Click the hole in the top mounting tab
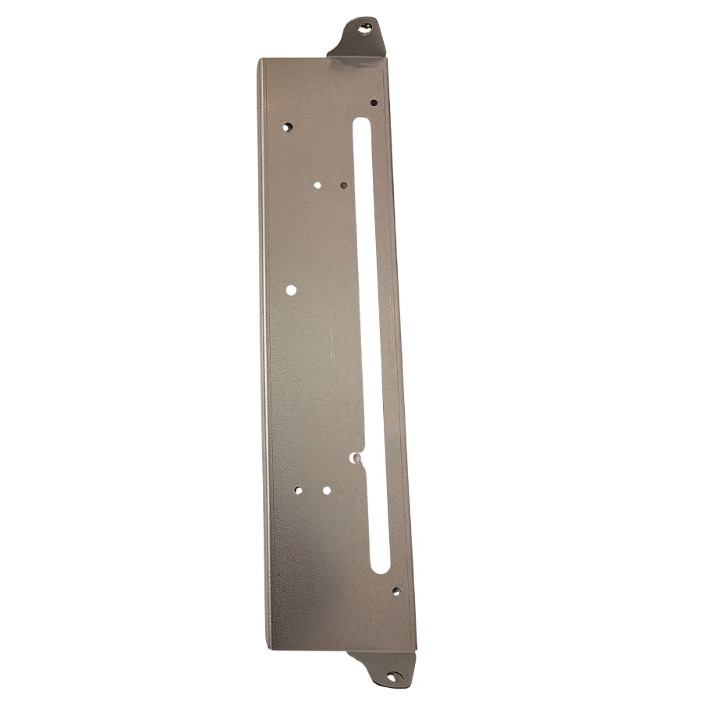(x=365, y=30)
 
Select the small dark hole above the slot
(x=374, y=102)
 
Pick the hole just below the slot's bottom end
(x=396, y=591)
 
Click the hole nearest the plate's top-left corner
(x=287, y=126)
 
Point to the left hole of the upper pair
(x=317, y=186)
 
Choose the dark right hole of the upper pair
(x=344, y=186)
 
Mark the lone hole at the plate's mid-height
(x=291, y=289)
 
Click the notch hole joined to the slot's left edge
(x=356, y=458)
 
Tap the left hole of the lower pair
(x=298, y=491)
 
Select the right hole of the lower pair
(x=326, y=491)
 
